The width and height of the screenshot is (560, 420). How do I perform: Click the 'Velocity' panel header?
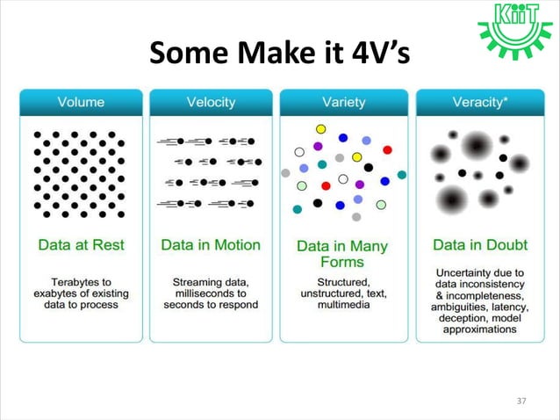point(211,102)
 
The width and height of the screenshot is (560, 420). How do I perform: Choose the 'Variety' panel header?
point(342,102)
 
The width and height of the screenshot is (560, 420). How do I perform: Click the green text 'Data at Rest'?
point(81,244)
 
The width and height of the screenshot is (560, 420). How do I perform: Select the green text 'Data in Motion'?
point(211,244)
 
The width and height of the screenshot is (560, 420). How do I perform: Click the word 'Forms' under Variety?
point(342,262)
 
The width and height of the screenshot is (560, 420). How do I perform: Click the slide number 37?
point(521,401)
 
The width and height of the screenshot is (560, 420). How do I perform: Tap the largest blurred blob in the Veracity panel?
point(477,145)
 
